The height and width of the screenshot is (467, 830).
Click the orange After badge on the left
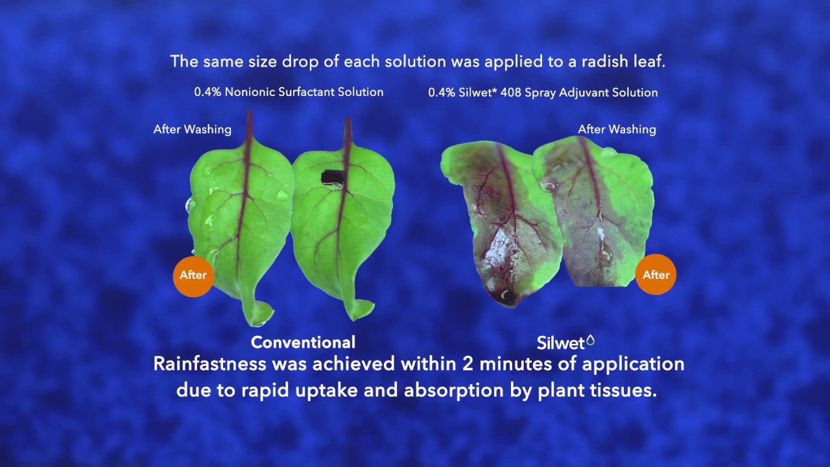click(193, 275)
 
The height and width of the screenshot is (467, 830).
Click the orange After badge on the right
click(656, 275)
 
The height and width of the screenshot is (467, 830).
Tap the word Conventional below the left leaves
click(303, 342)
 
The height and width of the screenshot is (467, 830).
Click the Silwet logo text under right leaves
click(561, 342)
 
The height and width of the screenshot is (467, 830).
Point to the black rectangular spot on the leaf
click(333, 176)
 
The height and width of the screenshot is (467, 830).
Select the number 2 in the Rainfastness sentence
click(468, 364)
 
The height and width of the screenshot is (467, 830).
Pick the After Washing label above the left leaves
click(192, 129)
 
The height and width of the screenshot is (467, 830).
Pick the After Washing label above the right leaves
click(617, 129)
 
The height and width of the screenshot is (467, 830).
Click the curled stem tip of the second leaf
click(361, 309)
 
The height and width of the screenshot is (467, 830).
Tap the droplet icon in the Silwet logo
click(590, 340)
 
